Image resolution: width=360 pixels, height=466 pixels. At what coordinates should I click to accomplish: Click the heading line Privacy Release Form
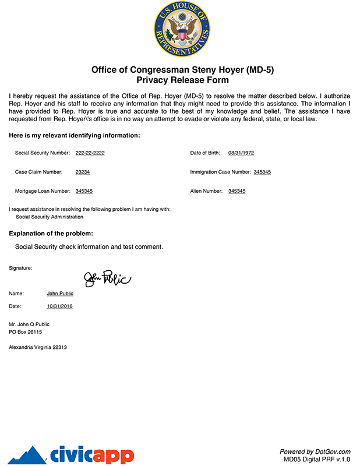click(x=182, y=80)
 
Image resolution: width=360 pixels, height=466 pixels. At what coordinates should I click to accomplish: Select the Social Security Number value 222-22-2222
click(x=90, y=153)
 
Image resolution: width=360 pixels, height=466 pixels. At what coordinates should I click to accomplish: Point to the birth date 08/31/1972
click(x=241, y=153)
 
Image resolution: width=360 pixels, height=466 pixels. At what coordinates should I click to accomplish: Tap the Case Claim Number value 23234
click(x=83, y=172)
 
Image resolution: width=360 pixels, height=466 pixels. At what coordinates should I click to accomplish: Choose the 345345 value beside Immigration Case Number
click(x=262, y=172)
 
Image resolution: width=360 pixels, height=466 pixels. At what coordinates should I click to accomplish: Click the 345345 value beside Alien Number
click(x=237, y=191)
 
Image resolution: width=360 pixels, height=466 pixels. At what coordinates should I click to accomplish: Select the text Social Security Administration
click(x=50, y=217)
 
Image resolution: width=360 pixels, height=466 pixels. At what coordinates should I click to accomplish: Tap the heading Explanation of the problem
click(x=51, y=234)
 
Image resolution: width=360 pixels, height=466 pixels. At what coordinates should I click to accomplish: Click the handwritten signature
click(x=108, y=279)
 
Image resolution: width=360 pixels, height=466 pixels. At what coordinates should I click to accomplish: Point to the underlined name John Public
click(x=60, y=294)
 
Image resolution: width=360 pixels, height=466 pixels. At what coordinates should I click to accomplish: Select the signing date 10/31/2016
click(x=60, y=306)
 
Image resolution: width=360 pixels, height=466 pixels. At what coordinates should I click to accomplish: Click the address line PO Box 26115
click(x=26, y=332)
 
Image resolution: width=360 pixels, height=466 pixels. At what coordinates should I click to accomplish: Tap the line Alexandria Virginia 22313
click(x=38, y=347)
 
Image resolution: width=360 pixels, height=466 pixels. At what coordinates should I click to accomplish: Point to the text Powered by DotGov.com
click(x=315, y=451)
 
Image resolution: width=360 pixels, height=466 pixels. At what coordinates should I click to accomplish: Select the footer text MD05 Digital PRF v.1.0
click(x=317, y=459)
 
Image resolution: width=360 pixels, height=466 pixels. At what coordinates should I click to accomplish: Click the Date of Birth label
click(x=205, y=153)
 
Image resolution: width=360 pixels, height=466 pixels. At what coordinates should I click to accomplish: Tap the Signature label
click(x=20, y=268)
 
